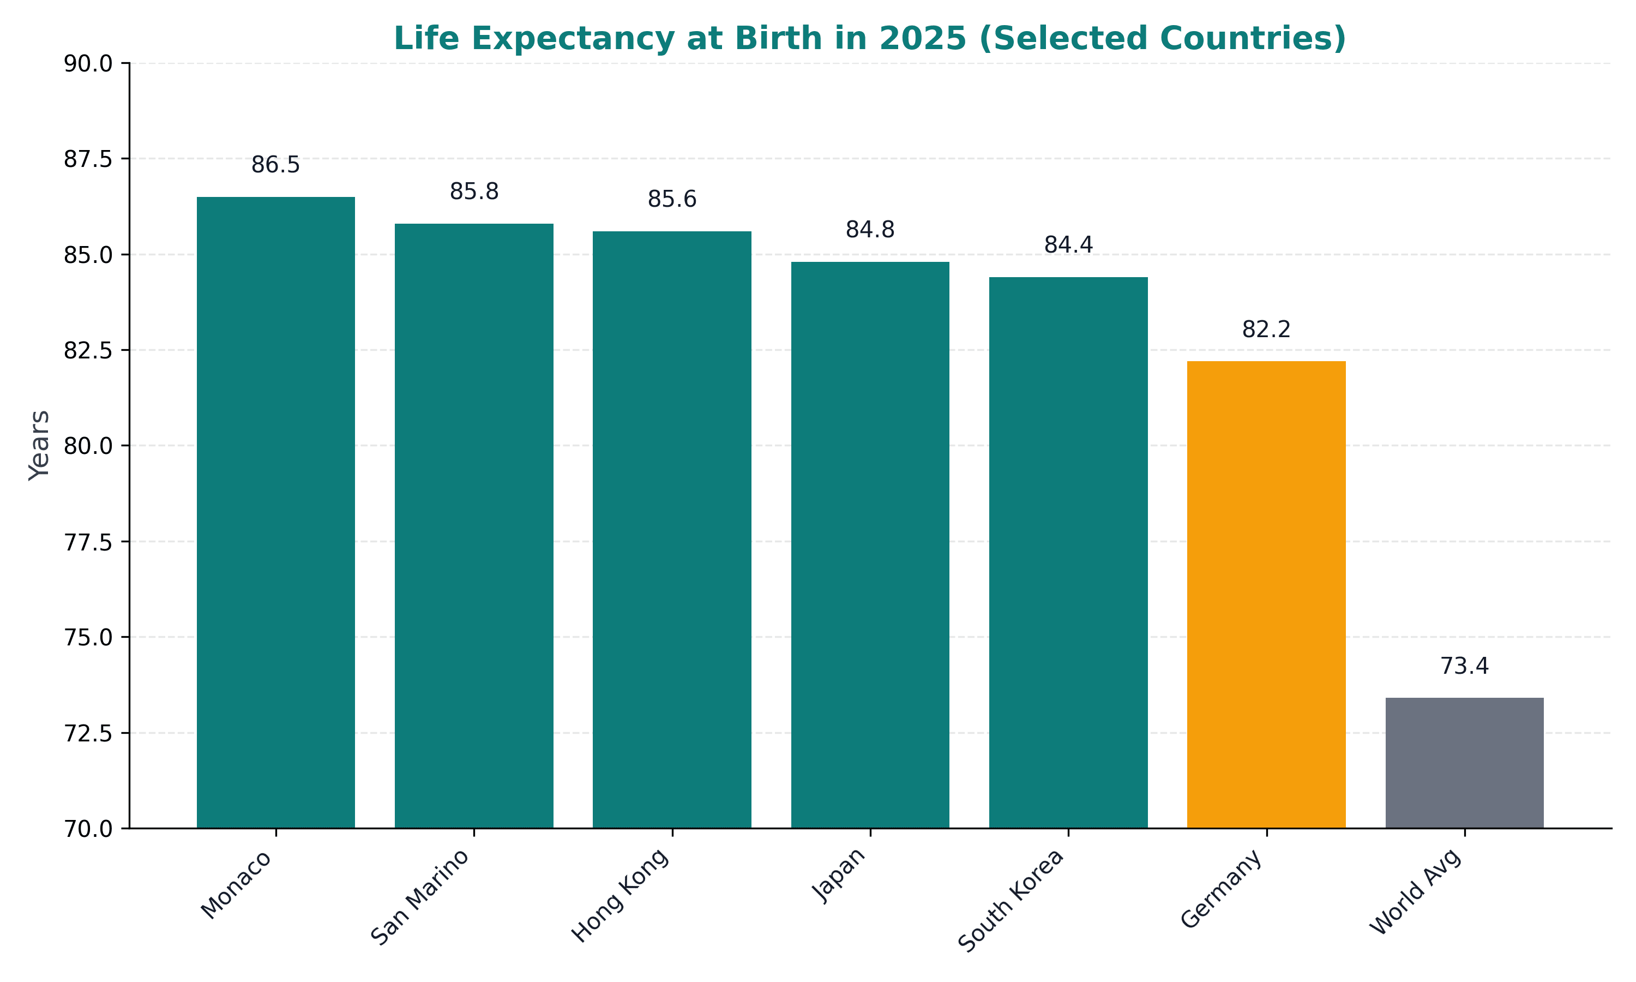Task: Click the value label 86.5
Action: coord(276,165)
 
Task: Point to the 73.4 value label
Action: coord(1464,666)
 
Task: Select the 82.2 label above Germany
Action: coord(1266,329)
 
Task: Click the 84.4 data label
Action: coord(1068,245)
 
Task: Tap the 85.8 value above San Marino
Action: coord(474,192)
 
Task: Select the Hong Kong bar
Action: coord(672,529)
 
